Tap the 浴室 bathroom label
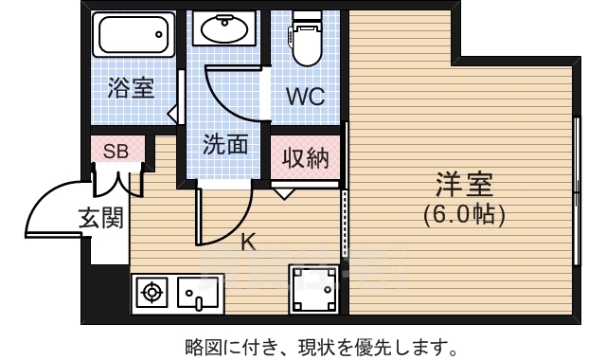click(131, 89)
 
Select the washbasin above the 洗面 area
click(224, 31)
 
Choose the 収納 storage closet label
click(304, 157)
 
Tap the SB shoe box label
click(116, 150)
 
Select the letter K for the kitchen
click(247, 242)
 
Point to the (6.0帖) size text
click(464, 214)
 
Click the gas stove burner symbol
click(152, 293)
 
